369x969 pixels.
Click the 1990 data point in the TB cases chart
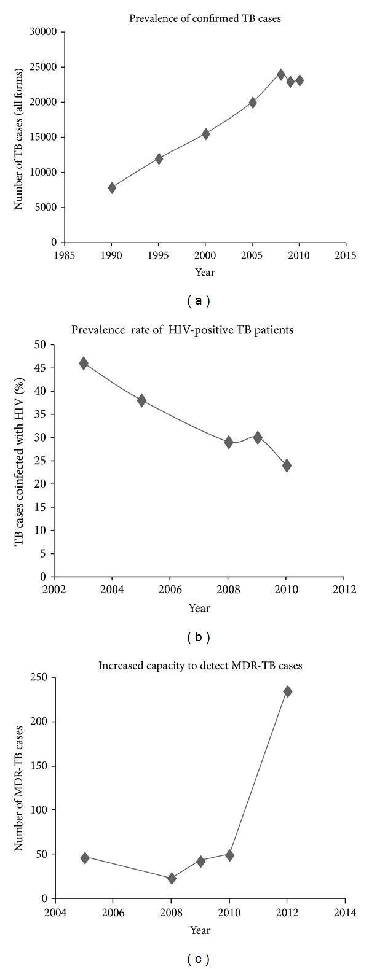(x=112, y=188)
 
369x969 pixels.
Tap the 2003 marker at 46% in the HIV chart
(x=83, y=363)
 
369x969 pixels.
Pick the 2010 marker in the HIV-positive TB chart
(x=287, y=465)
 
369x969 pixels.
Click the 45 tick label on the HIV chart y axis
(x=42, y=368)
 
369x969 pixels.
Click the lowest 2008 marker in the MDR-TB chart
(x=172, y=879)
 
